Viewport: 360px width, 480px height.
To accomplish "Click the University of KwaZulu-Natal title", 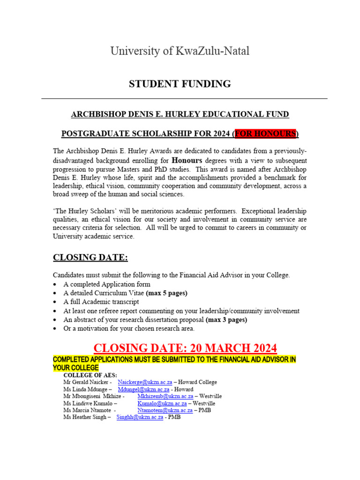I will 180,51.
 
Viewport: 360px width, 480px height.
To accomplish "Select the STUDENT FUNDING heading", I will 180,84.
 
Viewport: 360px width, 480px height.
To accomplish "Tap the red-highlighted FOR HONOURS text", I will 265,134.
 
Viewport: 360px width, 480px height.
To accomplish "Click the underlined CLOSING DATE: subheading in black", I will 90,257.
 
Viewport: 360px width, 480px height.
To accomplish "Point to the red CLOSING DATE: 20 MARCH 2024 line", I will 185,348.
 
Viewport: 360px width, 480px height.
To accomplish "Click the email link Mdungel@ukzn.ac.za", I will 142,389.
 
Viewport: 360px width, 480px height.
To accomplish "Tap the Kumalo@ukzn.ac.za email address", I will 162,403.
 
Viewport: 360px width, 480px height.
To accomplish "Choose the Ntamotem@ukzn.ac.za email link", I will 165,410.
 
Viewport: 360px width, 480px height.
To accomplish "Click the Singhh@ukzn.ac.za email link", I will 140,417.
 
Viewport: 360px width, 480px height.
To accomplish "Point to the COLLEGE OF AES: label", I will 90,375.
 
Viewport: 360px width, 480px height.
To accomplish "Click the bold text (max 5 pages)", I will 166,293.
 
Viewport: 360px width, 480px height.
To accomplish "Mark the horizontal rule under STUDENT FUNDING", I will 184,99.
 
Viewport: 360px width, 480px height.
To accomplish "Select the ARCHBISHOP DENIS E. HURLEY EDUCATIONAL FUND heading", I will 180,114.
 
